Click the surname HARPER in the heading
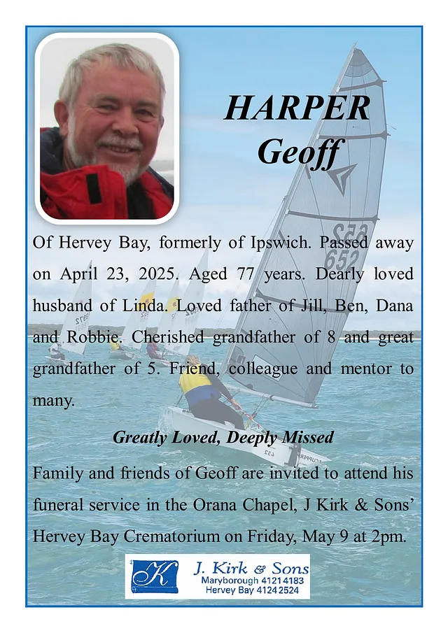(297, 108)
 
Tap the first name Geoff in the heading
(297, 152)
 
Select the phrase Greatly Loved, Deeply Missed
(223, 438)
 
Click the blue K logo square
(154, 576)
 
